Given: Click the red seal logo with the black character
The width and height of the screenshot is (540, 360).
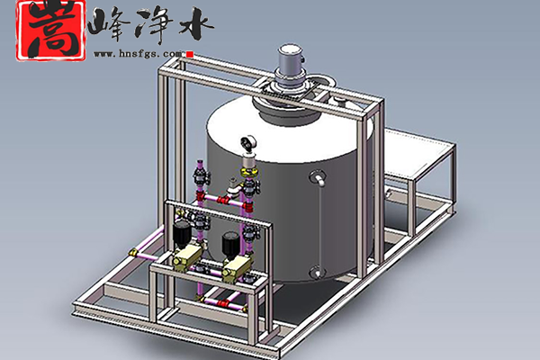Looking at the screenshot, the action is click(51, 31).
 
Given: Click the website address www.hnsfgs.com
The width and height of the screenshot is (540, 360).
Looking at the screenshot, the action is click(138, 54).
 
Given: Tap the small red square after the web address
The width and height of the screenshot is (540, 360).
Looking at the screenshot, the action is click(190, 54).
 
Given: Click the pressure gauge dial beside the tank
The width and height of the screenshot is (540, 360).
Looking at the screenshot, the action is click(247, 142).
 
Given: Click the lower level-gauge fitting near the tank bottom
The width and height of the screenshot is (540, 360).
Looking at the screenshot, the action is click(317, 272).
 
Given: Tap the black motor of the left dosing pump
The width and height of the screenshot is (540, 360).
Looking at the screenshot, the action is click(182, 233).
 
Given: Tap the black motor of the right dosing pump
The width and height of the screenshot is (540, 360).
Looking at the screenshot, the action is click(231, 243).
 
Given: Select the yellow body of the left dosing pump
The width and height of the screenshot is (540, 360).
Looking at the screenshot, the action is click(187, 257).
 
